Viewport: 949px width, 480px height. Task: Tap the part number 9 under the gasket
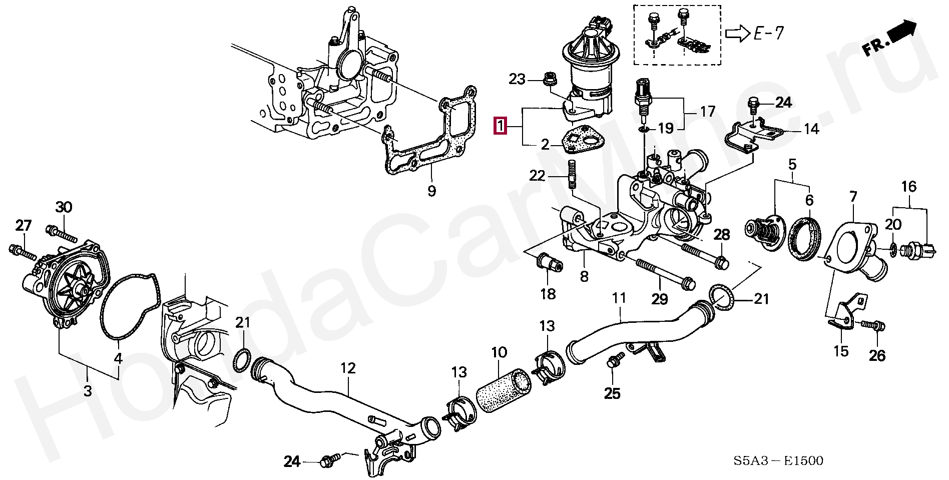(x=431, y=191)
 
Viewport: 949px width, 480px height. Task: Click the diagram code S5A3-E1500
(x=778, y=460)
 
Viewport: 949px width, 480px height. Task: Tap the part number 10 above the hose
(x=499, y=352)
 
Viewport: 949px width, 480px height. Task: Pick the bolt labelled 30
(x=61, y=233)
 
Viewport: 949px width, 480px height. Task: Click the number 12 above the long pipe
(x=348, y=368)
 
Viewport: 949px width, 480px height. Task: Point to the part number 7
(x=853, y=197)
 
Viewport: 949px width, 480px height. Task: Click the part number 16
(x=908, y=187)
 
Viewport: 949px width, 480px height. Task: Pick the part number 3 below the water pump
(x=88, y=390)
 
